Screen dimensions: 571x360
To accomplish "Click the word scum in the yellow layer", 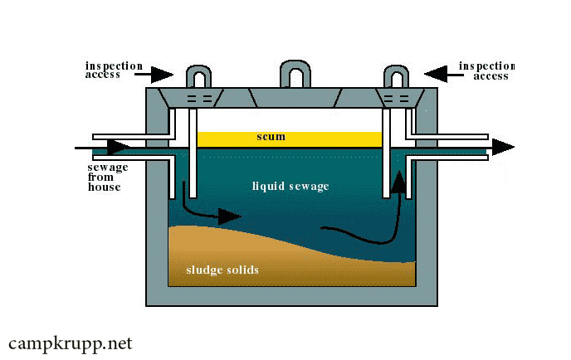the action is click(271, 137).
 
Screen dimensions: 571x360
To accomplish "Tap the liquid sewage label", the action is click(290, 187).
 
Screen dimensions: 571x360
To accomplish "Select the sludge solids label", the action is click(222, 270).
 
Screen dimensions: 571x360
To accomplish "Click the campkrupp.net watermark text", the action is click(71, 343).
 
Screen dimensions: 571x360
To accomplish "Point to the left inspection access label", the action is click(114, 70).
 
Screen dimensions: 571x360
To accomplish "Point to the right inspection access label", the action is click(487, 71).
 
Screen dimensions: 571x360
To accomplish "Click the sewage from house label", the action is click(108, 178).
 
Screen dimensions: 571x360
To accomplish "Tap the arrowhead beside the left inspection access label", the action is click(162, 75).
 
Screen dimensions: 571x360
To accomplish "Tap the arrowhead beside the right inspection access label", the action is click(436, 75).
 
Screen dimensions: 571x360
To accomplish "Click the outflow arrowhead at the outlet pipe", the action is click(503, 147).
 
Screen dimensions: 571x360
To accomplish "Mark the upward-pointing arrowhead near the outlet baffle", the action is click(399, 181).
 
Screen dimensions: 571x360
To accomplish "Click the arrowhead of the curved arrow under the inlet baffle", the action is click(229, 216).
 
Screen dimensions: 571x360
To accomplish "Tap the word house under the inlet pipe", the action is click(104, 187).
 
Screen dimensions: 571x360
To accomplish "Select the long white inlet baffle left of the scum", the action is click(193, 153).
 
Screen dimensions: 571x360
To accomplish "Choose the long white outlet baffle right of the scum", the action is click(386, 153).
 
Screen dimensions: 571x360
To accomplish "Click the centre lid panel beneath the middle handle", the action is click(295, 98).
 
